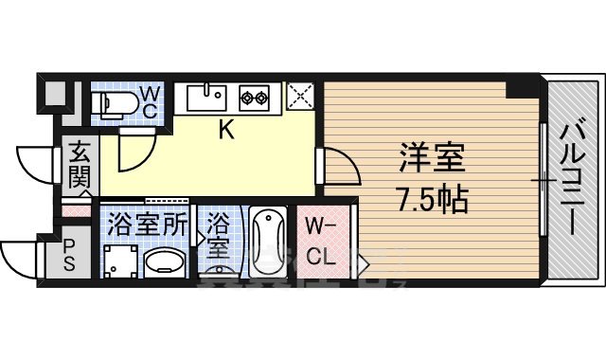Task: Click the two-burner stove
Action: (x=256, y=96)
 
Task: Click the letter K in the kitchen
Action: (x=226, y=131)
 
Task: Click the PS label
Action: (x=69, y=255)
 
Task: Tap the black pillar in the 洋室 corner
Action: (x=519, y=88)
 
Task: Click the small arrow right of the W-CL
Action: (x=365, y=261)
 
